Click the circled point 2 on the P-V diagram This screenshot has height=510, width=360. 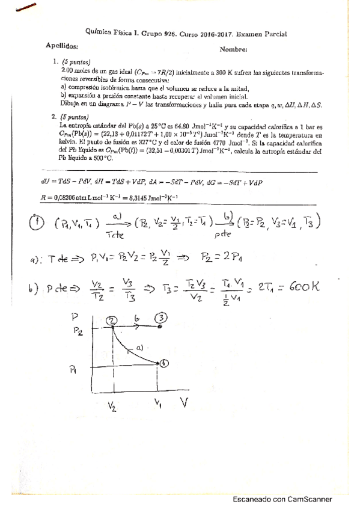[x=112, y=321]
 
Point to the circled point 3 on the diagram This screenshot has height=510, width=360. [x=162, y=318]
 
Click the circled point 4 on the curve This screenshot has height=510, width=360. [x=164, y=363]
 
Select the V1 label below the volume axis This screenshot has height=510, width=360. [x=158, y=402]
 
